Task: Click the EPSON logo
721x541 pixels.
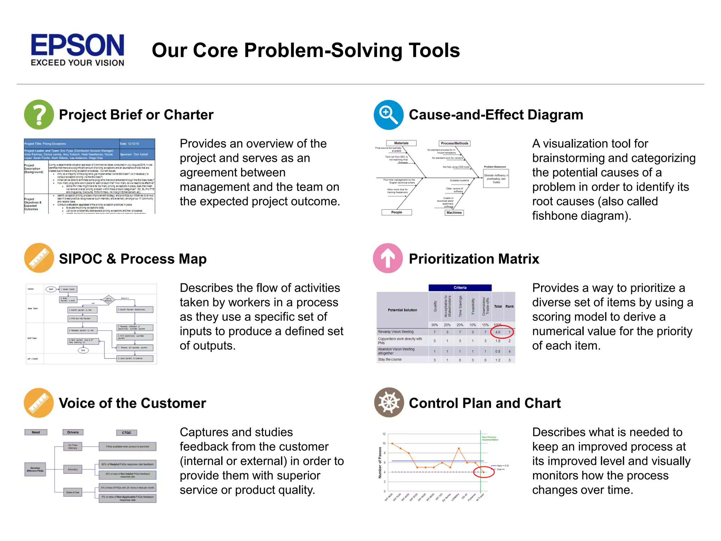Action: coord(77,49)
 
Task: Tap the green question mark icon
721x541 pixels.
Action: coord(39,114)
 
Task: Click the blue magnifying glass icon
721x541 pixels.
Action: coord(388,115)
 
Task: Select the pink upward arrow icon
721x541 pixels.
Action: coord(388,258)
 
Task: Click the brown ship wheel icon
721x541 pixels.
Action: coord(389,402)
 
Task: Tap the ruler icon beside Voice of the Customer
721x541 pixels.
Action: coord(39,403)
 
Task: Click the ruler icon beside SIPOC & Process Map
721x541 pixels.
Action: coord(39,258)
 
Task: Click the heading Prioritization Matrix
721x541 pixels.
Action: coord(474,259)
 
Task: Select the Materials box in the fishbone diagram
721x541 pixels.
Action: coord(401,143)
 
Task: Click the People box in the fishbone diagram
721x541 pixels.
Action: coord(396,212)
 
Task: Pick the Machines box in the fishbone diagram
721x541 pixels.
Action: coord(454,212)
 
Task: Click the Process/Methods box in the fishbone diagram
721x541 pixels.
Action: coord(454,143)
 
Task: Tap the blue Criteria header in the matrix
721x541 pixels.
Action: coord(460,287)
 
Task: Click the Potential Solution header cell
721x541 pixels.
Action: coord(402,310)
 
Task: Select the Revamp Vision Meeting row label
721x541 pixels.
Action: coord(396,332)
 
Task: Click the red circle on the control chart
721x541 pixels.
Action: coord(484,472)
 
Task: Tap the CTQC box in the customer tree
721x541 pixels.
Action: coord(126,433)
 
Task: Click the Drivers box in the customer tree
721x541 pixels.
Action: coord(73,432)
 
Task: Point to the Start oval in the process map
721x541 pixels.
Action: coord(51,289)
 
